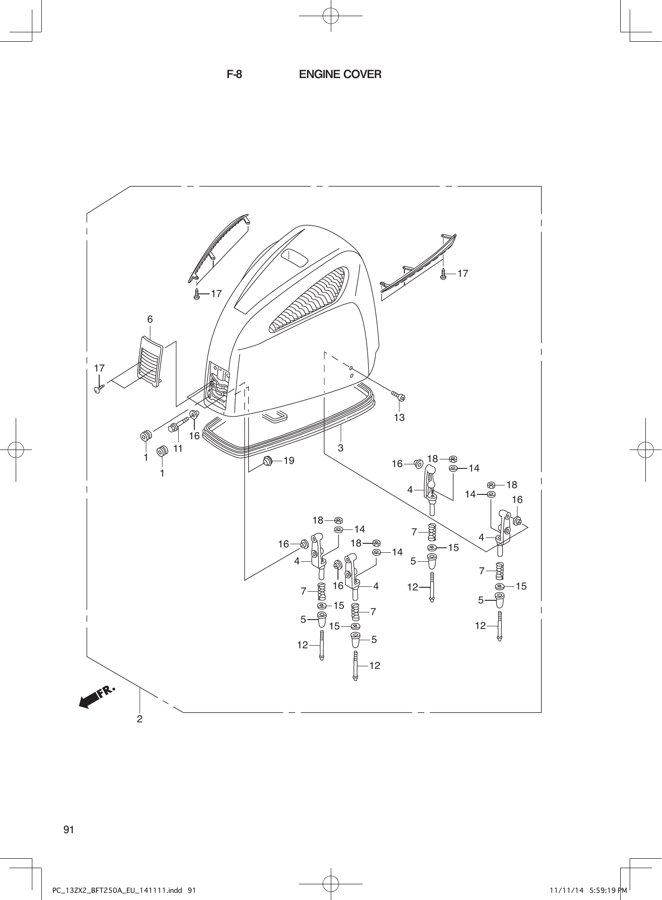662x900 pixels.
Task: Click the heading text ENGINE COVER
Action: [340, 74]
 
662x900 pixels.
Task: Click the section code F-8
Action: [234, 74]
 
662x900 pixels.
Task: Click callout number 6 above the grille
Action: [150, 319]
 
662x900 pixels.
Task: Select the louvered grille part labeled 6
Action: [150, 362]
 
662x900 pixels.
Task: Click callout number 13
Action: [399, 417]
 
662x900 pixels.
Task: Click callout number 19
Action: [289, 460]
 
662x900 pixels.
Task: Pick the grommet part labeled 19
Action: [268, 460]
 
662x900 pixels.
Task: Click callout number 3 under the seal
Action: [341, 448]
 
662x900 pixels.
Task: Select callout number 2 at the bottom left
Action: [140, 719]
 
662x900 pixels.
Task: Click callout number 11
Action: [178, 448]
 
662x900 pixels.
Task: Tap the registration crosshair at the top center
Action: [330, 15]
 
